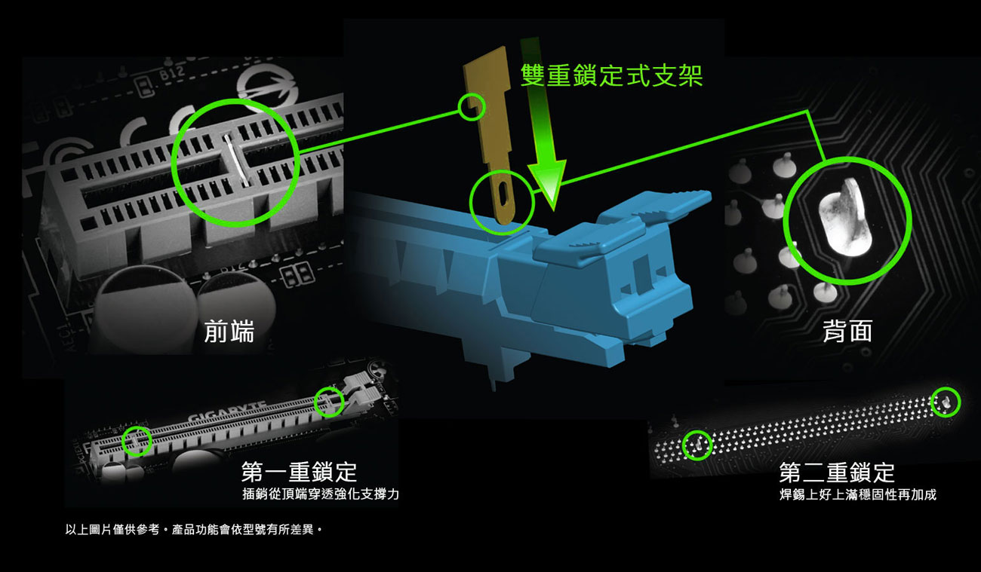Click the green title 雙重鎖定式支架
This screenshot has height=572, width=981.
click(x=612, y=75)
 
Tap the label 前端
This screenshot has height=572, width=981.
click(x=229, y=331)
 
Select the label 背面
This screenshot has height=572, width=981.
click(x=847, y=331)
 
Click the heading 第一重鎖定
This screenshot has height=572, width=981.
click(x=299, y=473)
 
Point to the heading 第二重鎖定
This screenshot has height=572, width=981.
click(x=837, y=473)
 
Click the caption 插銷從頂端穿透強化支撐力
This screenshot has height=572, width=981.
click(x=321, y=494)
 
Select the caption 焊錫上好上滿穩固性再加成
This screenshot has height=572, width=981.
click(x=858, y=494)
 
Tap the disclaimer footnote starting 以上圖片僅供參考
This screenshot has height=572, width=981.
click(x=194, y=530)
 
